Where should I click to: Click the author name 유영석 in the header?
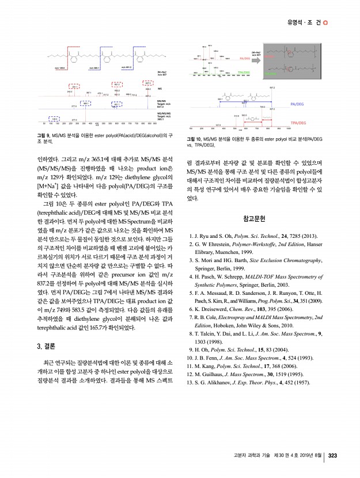(x=298, y=23)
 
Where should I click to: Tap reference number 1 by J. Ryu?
(x=191, y=236)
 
